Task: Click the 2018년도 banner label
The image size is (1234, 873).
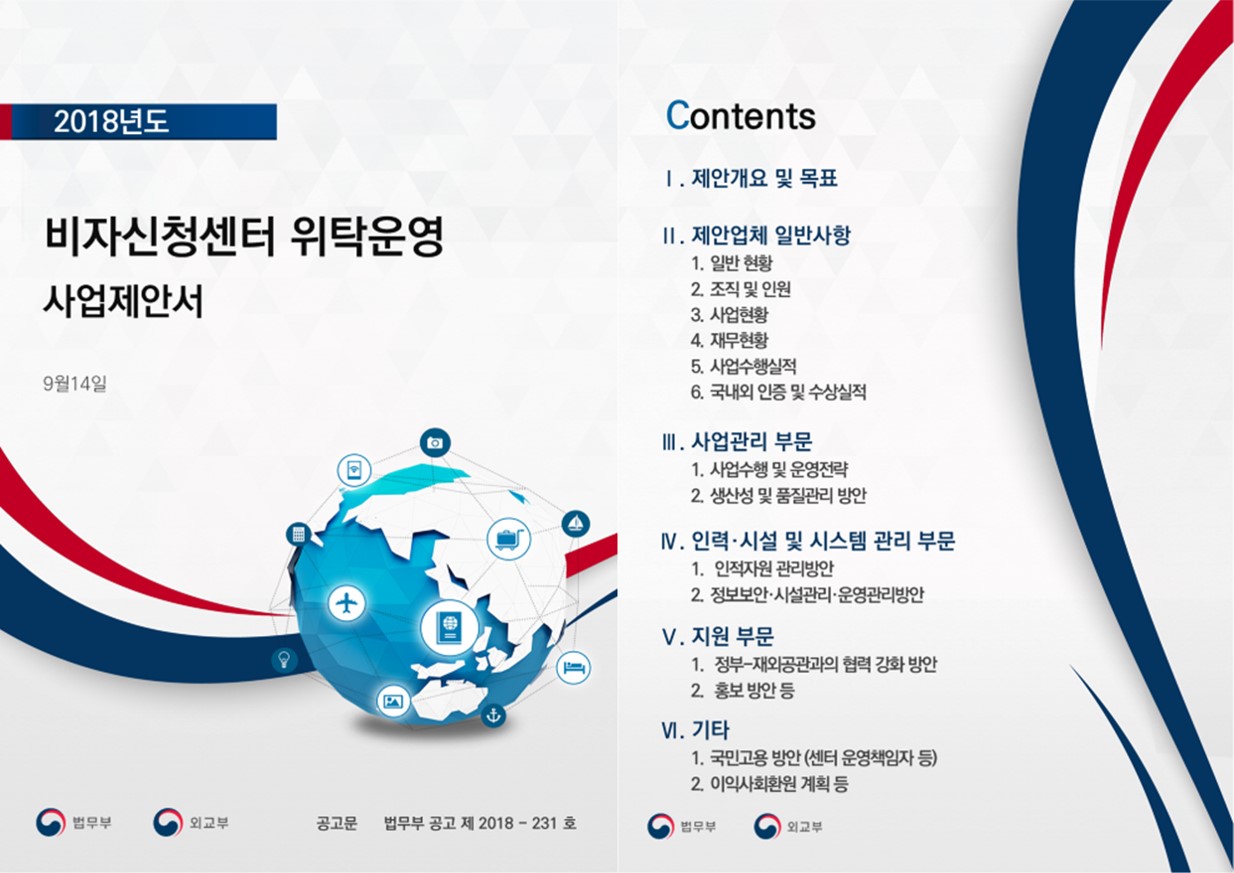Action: click(111, 122)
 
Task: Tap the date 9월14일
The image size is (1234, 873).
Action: click(75, 383)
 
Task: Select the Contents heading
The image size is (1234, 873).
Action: click(741, 116)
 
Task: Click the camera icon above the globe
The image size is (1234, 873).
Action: click(435, 442)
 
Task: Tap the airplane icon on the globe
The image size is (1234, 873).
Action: click(347, 604)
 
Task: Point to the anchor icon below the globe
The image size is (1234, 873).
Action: click(493, 715)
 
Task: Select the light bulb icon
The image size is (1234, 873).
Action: click(284, 659)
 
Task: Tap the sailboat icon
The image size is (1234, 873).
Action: click(576, 523)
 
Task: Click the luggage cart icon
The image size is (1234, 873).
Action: click(508, 538)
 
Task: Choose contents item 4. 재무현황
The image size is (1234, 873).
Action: click(729, 340)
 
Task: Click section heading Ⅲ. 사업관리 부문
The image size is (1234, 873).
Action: click(737, 442)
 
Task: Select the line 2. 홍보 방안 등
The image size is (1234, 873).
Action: click(743, 690)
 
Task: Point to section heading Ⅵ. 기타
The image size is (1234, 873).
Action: click(695, 730)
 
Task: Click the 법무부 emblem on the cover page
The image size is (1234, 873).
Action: click(51, 823)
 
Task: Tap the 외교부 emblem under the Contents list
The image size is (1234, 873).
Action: click(768, 826)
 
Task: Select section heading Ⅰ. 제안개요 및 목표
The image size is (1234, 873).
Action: click(751, 178)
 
